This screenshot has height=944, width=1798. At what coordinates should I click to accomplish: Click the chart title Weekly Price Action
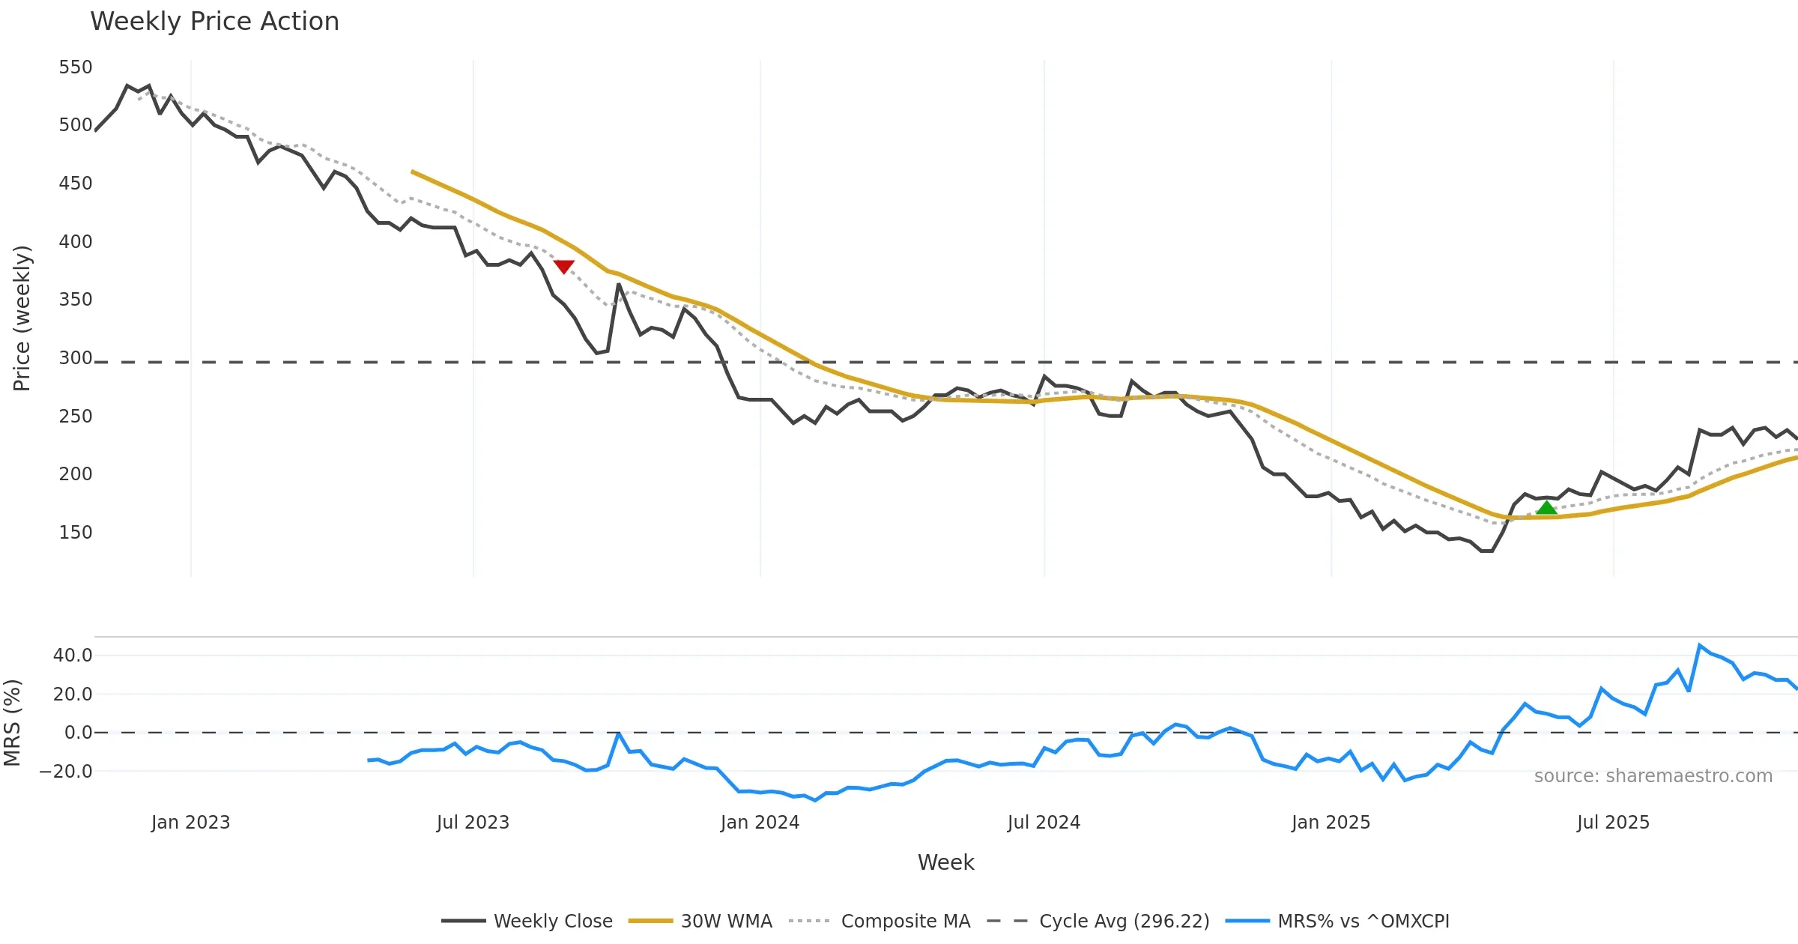(x=214, y=22)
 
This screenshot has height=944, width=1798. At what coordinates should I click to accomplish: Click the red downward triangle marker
(x=564, y=267)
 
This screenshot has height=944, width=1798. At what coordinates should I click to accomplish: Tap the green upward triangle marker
(x=1546, y=508)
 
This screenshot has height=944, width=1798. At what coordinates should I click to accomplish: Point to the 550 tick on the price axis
(x=76, y=67)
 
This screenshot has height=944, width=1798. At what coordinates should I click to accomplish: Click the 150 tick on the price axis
(x=76, y=533)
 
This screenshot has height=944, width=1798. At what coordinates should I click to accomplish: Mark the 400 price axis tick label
(x=76, y=242)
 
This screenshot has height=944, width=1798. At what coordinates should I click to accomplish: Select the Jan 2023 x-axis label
(x=190, y=823)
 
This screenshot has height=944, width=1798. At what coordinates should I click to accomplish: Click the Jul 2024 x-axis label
(x=1044, y=823)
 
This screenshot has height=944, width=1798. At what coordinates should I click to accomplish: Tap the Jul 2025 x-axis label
(x=1613, y=823)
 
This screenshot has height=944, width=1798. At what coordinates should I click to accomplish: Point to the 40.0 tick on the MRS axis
(x=73, y=656)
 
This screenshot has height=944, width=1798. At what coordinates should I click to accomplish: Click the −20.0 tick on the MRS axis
(x=67, y=772)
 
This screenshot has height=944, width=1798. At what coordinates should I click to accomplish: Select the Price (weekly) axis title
(x=22, y=318)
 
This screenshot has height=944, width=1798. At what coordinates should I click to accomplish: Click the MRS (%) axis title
(x=12, y=723)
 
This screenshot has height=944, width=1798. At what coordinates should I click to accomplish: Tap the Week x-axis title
(x=945, y=863)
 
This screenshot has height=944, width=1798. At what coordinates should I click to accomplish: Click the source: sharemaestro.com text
(x=1653, y=776)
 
